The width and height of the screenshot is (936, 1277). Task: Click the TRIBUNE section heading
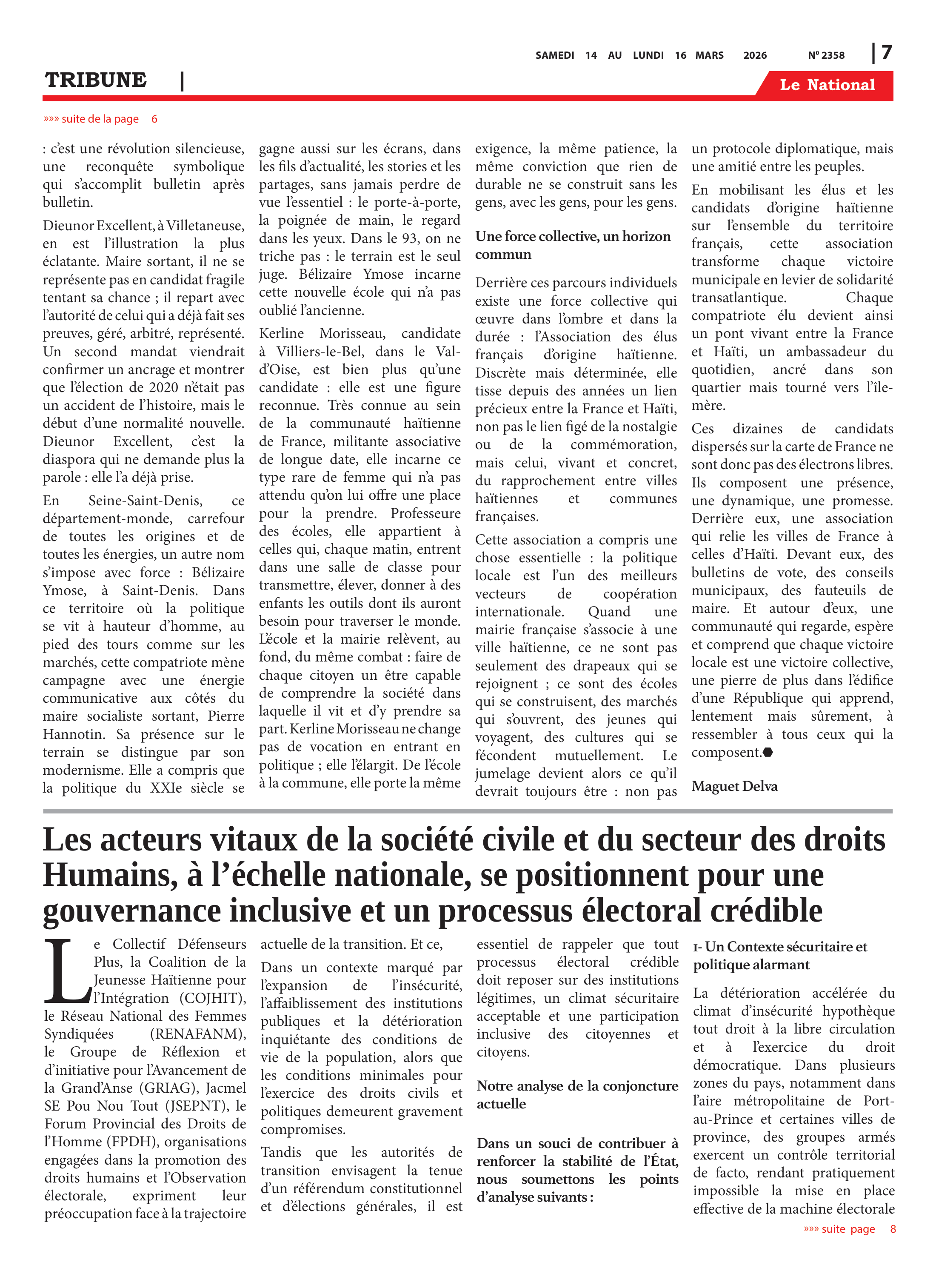(x=96, y=80)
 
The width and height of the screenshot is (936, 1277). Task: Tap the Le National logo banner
(x=827, y=85)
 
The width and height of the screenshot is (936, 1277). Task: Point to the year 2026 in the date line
(x=755, y=55)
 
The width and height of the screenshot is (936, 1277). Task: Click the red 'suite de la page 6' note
(x=101, y=119)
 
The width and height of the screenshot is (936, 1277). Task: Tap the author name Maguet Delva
(x=734, y=786)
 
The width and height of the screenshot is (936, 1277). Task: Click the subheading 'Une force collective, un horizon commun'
(x=572, y=245)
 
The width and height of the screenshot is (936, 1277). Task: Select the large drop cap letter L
(x=67, y=971)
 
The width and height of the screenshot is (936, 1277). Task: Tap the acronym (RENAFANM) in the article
(x=198, y=1034)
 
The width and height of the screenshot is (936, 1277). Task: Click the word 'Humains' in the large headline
(x=106, y=876)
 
